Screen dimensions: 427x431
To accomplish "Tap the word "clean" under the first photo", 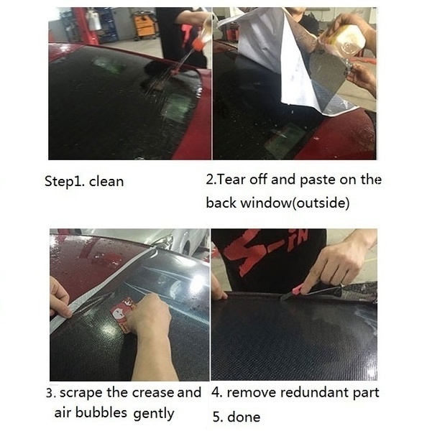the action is click(x=106, y=182).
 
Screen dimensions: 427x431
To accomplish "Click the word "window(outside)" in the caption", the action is click(x=295, y=203).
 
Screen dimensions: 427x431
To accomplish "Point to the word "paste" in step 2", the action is click(x=317, y=180).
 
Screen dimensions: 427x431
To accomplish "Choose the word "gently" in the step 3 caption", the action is click(x=154, y=414).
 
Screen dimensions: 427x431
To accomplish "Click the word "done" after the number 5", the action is click(x=244, y=417).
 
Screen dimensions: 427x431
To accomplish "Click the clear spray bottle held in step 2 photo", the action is click(x=344, y=40).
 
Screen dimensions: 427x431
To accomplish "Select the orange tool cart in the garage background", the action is click(x=145, y=27).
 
